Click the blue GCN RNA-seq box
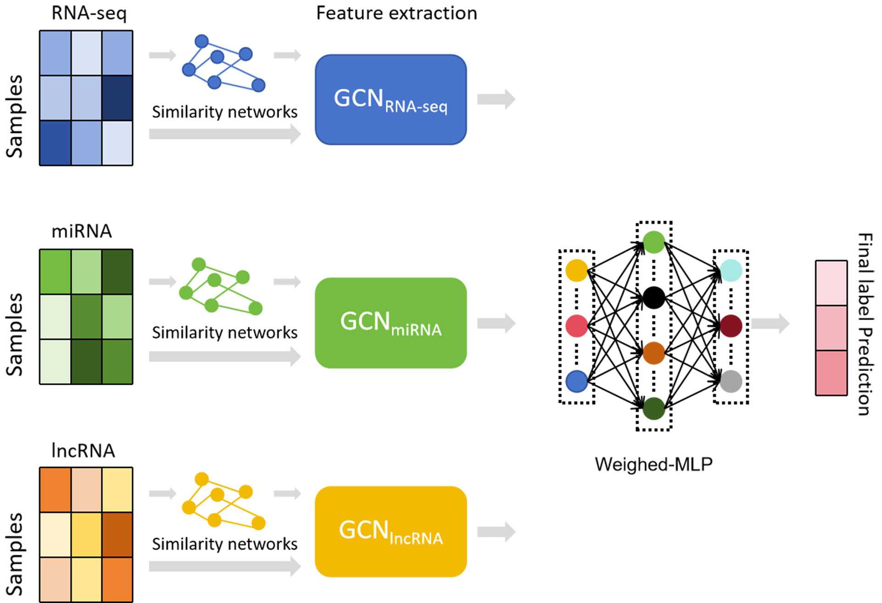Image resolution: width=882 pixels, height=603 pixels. pos(391,100)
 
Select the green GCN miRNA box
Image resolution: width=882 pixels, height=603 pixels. pos(391,322)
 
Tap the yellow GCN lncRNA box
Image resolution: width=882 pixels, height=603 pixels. pos(391,531)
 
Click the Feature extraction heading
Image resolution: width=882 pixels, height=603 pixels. pos(396,13)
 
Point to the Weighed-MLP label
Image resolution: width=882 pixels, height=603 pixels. pos(653,465)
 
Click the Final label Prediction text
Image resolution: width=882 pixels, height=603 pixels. pos(865,324)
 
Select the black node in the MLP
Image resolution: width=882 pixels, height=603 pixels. pos(654,298)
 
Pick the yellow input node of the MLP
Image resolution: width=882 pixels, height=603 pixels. pos(577,271)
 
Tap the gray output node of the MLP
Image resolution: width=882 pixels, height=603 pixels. pos(731,382)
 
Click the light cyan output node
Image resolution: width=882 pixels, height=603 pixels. pos(731,271)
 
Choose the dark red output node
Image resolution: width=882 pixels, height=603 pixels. pos(731,326)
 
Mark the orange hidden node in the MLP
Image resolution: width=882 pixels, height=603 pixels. pos(654,353)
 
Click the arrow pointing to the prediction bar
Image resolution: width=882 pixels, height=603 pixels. pos(770,323)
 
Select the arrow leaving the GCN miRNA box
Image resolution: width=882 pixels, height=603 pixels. pos(496,323)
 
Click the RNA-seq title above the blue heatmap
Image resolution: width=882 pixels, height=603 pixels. pos(89,13)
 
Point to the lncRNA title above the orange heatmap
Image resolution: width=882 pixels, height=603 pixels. pos(83,451)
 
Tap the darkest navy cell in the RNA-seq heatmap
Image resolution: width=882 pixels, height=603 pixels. pos(117,98)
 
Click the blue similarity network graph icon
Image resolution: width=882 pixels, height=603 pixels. pos(223,63)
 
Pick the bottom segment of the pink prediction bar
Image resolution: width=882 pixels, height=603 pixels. pos(831,373)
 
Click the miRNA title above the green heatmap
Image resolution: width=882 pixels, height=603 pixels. pos(82,231)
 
